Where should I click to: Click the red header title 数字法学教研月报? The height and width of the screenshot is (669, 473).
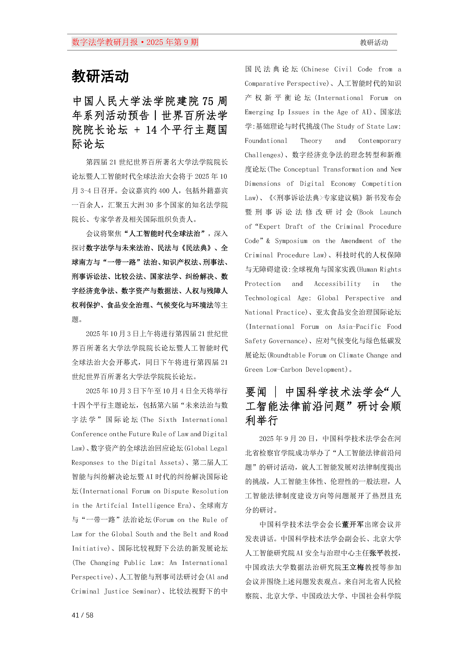coord(105,42)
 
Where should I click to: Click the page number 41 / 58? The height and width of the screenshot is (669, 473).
coord(82,615)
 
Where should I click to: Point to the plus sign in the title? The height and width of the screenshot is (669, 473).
coord(137,130)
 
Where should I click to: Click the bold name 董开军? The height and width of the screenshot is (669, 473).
coord(353,524)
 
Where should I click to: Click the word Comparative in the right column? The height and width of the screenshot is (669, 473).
coord(264,84)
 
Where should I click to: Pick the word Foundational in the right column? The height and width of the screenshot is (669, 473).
coord(266,141)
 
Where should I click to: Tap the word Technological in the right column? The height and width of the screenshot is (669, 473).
coord(268,298)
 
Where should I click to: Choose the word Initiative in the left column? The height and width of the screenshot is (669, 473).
coord(91,548)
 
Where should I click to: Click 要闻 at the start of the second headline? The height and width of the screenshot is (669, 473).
coord(256,392)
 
